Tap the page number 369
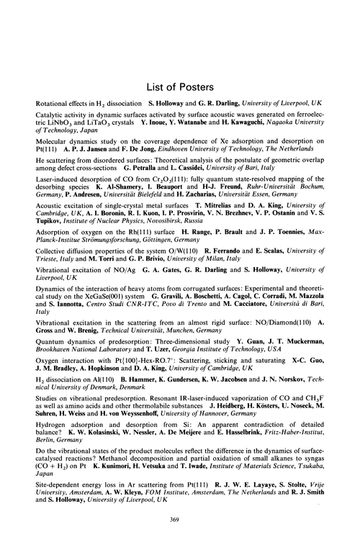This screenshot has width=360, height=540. tap(180, 522)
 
